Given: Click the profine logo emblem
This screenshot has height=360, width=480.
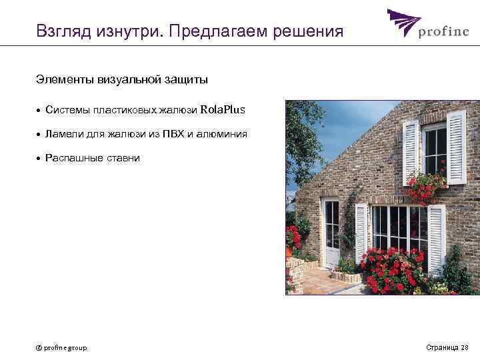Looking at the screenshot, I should [x=403, y=23].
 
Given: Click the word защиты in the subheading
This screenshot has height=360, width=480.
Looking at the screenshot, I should [x=186, y=80].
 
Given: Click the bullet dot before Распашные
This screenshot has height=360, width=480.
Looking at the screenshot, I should [x=39, y=159].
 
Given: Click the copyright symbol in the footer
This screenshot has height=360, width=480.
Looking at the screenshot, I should [x=39, y=347].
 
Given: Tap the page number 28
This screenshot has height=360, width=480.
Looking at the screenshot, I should [x=465, y=347].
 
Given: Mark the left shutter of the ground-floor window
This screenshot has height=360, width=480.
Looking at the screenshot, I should [x=361, y=233].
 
